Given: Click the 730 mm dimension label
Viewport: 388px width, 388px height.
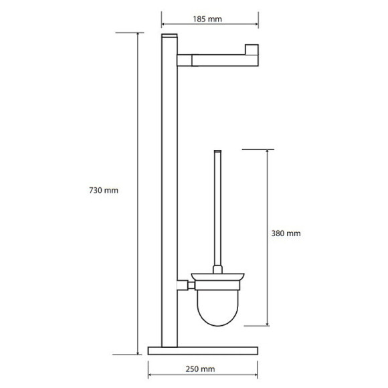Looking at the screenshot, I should click(x=104, y=191).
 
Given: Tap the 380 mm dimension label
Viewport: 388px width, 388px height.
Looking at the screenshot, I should click(x=286, y=233).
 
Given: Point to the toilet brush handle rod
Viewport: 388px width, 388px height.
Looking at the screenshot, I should click(x=216, y=207).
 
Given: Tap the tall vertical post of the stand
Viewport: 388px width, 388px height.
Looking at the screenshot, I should click(x=167, y=201).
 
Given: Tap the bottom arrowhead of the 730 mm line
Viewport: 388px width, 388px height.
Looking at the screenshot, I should click(x=138, y=354).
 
